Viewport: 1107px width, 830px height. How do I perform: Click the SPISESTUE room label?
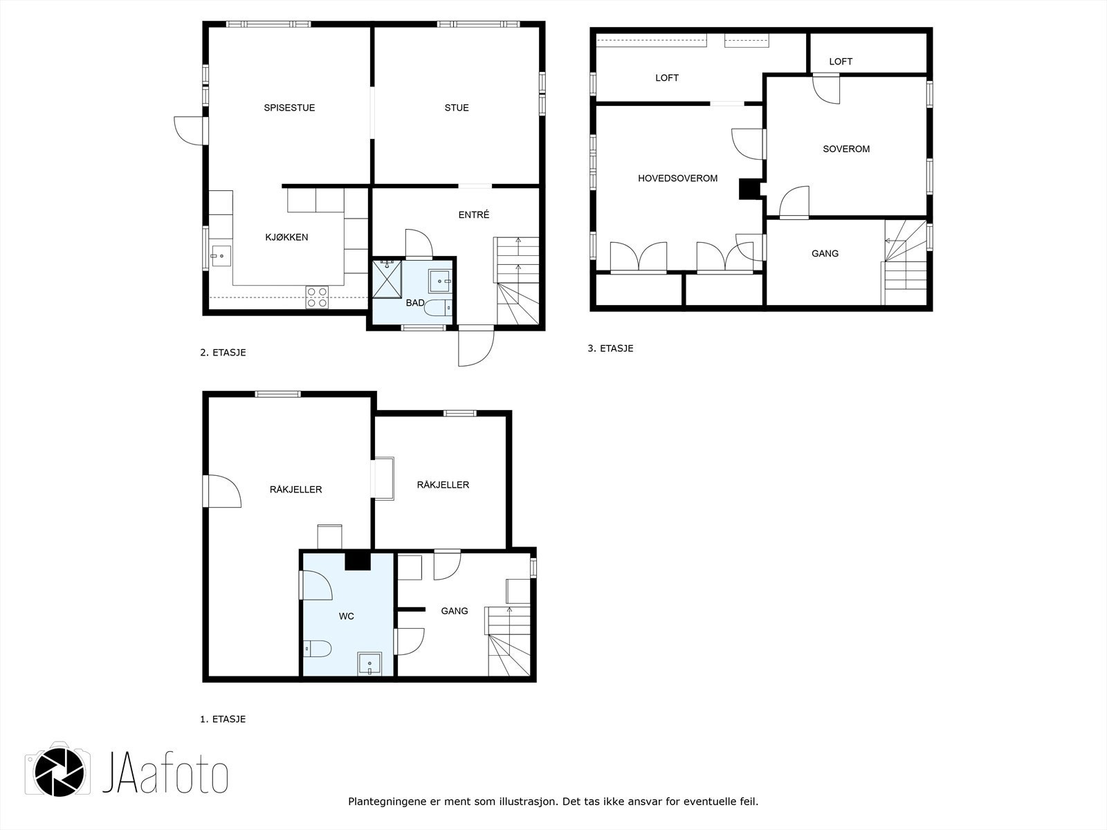[289, 107]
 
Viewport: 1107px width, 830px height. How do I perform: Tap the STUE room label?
[457, 107]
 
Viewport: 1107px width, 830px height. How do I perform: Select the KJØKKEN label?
[286, 237]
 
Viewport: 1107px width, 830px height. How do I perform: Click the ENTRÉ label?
[473, 214]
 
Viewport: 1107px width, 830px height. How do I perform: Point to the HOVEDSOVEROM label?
[677, 178]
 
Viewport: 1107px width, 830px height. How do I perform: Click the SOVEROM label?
[845, 149]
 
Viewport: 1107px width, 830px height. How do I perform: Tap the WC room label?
[346, 616]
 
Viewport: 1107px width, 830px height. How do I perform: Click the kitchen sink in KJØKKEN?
[221, 256]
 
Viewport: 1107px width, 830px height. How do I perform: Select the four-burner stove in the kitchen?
[317, 297]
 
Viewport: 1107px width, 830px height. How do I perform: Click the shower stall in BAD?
[387, 279]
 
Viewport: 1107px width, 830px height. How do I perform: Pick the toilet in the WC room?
[317, 649]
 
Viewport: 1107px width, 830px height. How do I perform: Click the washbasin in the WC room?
[369, 664]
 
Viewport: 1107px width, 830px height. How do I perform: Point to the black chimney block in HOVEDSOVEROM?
[749, 189]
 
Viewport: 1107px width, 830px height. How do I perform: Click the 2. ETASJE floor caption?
[223, 352]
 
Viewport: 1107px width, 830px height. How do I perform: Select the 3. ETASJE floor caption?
[610, 348]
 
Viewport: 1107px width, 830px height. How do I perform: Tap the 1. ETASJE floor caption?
[223, 719]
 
